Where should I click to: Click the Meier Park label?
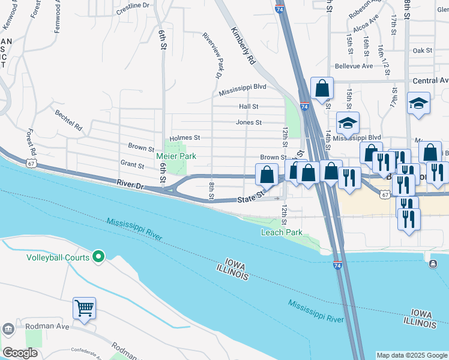tap(176, 156)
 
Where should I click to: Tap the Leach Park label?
tap(282, 232)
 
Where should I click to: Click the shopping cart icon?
tap(85, 308)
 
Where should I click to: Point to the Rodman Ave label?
tap(47, 327)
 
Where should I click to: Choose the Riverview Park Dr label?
tap(212, 55)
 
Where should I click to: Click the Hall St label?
tap(248, 106)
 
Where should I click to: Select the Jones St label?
tap(249, 122)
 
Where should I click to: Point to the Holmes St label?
tap(184, 138)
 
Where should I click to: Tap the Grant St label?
tap(132, 164)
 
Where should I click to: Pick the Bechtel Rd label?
tap(68, 120)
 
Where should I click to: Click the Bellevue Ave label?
tap(354, 66)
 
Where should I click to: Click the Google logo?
tap(20, 353)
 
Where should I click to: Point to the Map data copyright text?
tap(412, 355)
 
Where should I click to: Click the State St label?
tap(251, 197)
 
